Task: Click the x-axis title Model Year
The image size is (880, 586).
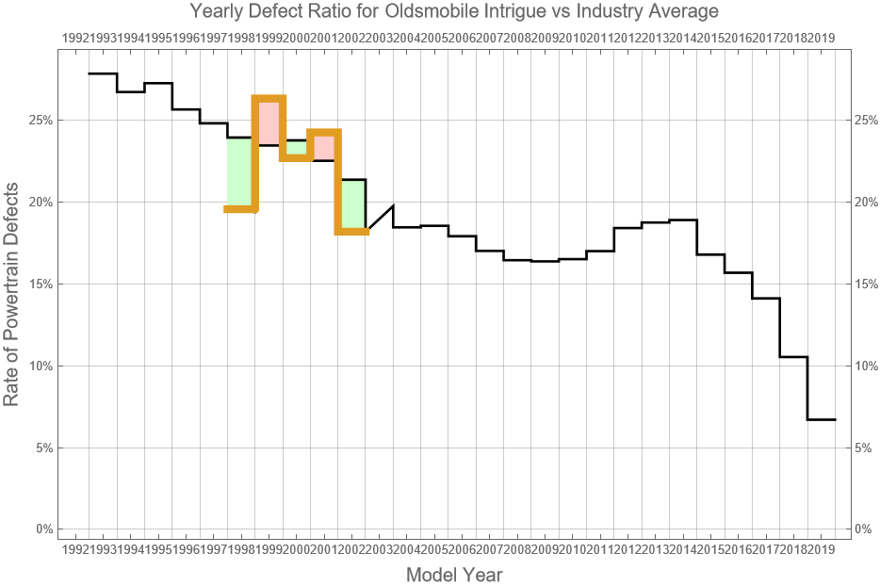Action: [453, 575]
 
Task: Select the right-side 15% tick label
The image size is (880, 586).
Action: [867, 284]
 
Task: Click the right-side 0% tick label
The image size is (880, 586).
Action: [864, 529]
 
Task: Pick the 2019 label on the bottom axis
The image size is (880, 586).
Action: [821, 548]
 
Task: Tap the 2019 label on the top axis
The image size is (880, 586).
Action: [821, 38]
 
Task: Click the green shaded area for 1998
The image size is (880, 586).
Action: [240, 173]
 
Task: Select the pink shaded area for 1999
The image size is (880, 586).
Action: [269, 122]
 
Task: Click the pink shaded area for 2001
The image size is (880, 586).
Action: [323, 147]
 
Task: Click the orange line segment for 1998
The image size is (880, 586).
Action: [240, 209]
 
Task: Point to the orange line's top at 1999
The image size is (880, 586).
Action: [269, 97]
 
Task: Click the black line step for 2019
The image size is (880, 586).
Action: [822, 419]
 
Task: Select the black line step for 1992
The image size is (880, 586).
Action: [103, 73]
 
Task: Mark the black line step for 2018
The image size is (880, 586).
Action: [794, 357]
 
